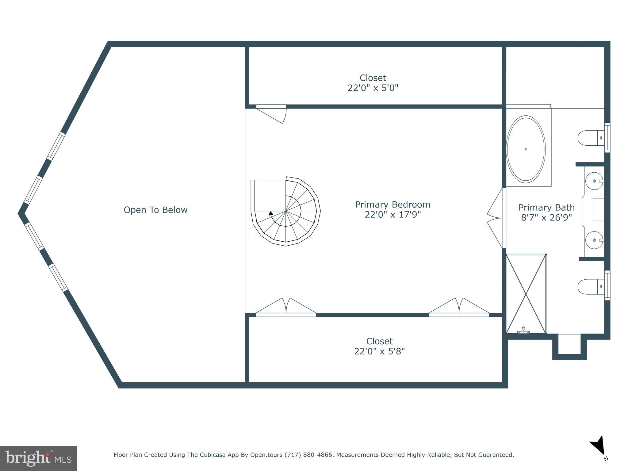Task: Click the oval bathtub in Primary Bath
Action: tap(526, 149)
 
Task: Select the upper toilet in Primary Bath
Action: tap(590, 138)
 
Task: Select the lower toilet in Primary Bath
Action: tap(590, 287)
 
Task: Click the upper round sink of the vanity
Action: tap(594, 181)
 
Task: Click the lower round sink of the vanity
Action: tap(594, 240)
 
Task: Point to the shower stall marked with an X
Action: tap(526, 293)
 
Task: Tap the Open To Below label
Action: tap(155, 210)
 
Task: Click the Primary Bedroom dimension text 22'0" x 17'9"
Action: tap(392, 215)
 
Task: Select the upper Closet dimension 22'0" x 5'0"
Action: tap(373, 88)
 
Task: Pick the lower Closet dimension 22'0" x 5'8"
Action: tap(379, 351)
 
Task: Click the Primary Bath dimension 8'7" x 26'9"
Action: tap(546, 217)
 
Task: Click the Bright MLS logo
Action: tap(38, 458)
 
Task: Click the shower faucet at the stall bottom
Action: tap(523, 330)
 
